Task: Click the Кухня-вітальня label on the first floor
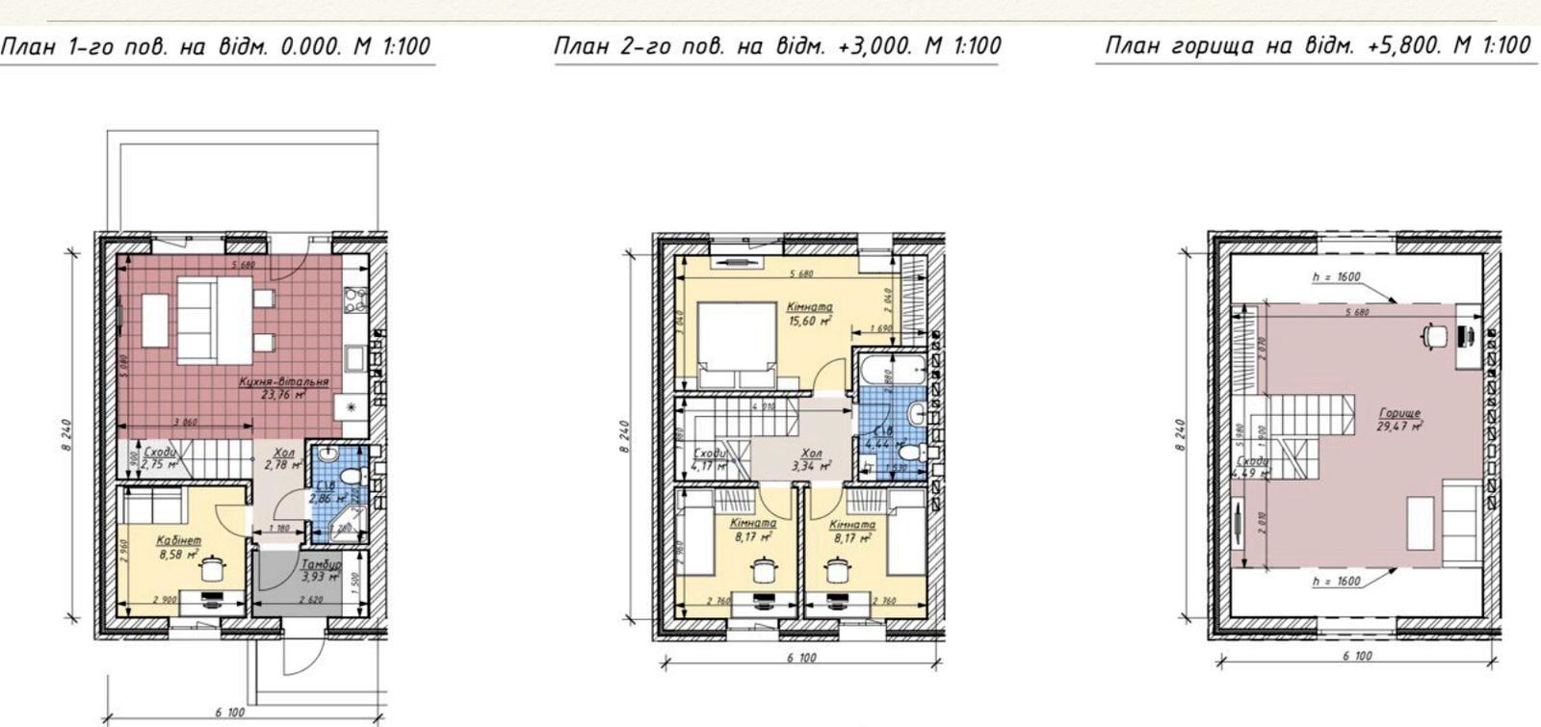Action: click(283, 382)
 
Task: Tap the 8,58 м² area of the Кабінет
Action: click(178, 556)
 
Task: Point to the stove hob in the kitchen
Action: click(356, 301)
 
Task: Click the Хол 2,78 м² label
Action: click(283, 458)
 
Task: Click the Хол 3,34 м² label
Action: click(811, 459)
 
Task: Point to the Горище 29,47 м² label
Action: click(1398, 419)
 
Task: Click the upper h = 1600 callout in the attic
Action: click(1336, 277)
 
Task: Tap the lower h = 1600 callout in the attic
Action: click(1336, 582)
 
